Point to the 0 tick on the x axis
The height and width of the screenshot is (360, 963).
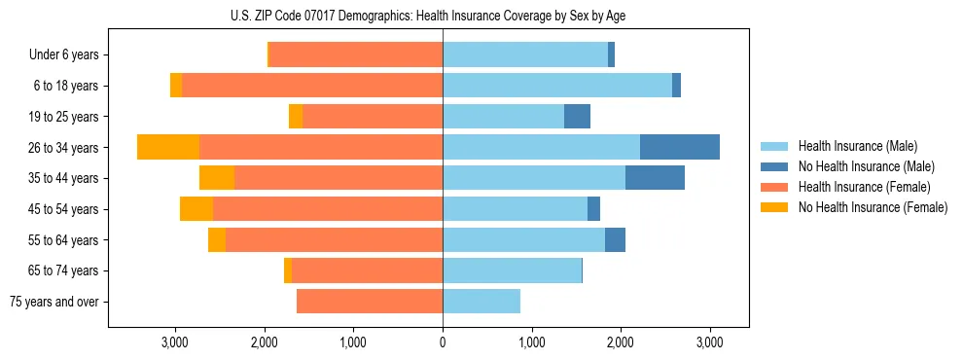pos(443,342)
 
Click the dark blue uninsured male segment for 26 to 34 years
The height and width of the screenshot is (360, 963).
pos(680,147)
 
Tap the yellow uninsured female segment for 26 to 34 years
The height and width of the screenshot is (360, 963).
pos(168,147)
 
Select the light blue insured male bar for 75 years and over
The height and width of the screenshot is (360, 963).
pos(481,302)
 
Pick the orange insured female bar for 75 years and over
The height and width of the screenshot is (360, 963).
pos(370,302)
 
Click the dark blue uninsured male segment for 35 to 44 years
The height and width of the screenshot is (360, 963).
pos(655,178)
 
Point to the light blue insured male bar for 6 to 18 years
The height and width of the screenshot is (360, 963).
pos(557,86)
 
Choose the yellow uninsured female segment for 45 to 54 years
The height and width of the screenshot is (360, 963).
pos(196,209)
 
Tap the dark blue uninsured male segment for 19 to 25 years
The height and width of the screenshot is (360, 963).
pos(577,117)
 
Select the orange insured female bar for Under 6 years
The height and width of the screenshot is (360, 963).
pos(356,55)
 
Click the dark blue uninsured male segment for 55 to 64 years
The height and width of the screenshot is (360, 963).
pos(615,240)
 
